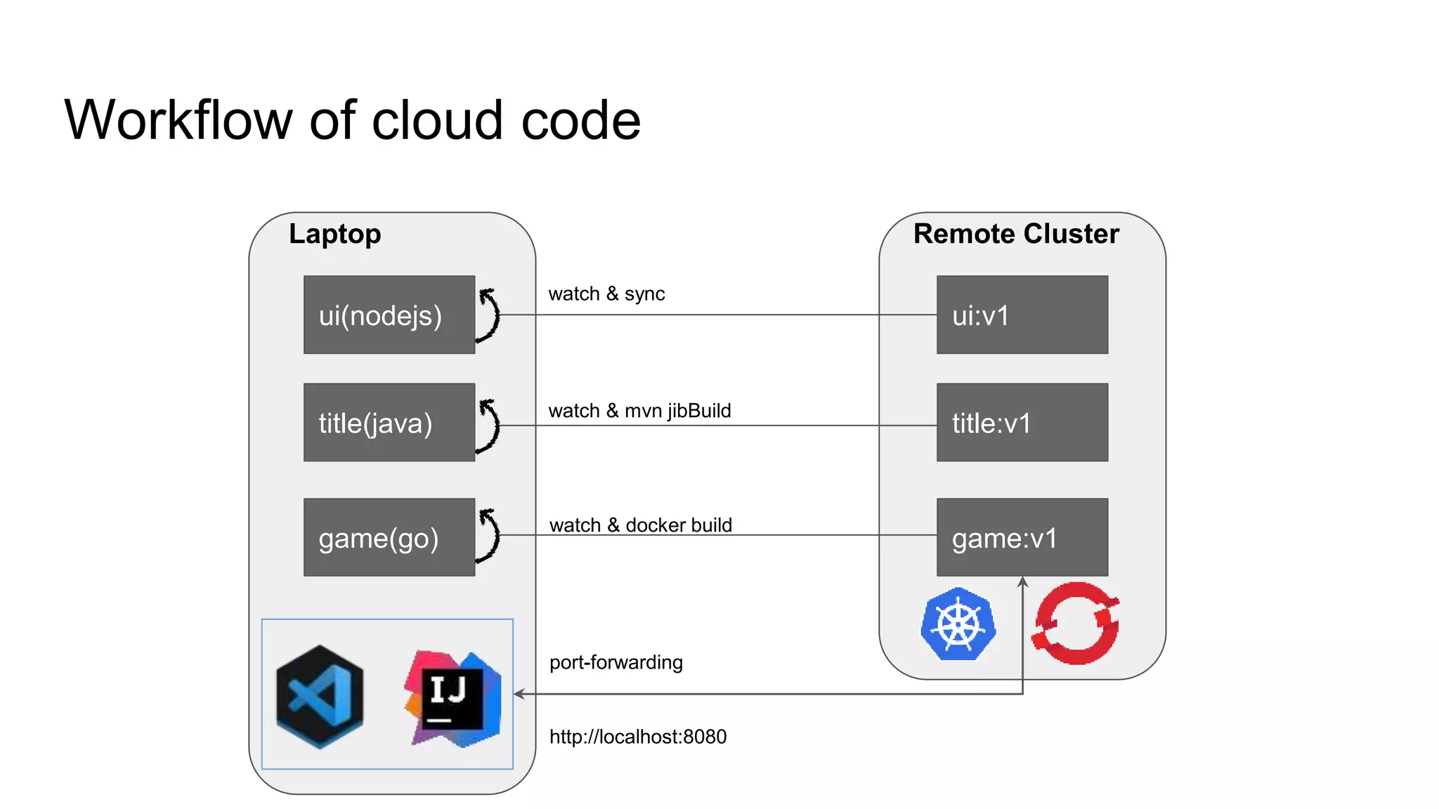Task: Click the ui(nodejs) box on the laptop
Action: (x=389, y=315)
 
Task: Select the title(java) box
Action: (x=389, y=422)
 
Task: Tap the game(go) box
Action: (x=389, y=537)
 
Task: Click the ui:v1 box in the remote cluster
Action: (x=1022, y=315)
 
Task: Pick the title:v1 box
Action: (x=1022, y=422)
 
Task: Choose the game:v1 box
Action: (x=1022, y=537)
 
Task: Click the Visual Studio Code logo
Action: (x=320, y=697)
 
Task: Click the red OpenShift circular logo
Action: (x=1075, y=623)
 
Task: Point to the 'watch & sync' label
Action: (x=606, y=294)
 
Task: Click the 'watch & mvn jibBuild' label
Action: (x=639, y=411)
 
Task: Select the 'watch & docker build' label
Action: (x=640, y=525)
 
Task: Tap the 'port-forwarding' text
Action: (x=616, y=662)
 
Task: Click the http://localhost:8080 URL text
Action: (x=637, y=737)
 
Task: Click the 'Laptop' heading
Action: (x=334, y=234)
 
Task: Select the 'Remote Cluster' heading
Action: (x=1015, y=234)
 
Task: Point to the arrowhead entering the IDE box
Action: (x=519, y=694)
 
